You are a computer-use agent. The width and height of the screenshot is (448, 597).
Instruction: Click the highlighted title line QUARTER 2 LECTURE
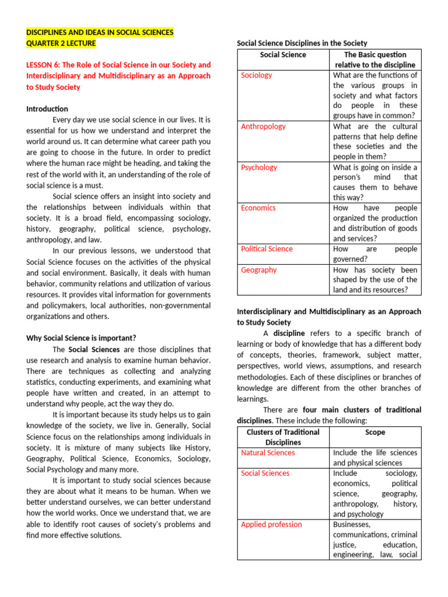click(x=61, y=43)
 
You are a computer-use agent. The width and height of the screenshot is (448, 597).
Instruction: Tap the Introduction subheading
click(x=47, y=109)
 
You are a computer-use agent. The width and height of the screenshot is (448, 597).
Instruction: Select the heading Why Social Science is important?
click(x=81, y=338)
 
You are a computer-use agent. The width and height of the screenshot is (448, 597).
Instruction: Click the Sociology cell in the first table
click(x=257, y=75)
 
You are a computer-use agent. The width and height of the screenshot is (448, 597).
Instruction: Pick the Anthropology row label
click(x=263, y=127)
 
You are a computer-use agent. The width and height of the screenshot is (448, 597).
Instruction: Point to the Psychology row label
click(x=259, y=167)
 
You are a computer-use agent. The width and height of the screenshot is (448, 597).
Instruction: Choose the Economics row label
click(x=258, y=208)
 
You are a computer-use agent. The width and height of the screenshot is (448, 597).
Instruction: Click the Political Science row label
click(x=267, y=249)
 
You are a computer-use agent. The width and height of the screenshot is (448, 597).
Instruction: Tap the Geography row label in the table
click(x=259, y=270)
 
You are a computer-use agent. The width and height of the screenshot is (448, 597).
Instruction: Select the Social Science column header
click(x=283, y=55)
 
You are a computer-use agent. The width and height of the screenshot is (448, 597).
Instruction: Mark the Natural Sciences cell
click(x=268, y=453)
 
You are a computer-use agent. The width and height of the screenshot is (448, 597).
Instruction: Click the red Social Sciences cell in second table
click(x=265, y=473)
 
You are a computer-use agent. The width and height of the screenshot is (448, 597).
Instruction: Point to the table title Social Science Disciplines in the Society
click(x=302, y=43)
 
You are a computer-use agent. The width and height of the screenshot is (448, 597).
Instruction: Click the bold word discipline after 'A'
click(x=289, y=333)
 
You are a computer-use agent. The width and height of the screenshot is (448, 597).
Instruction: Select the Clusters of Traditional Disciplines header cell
click(x=283, y=437)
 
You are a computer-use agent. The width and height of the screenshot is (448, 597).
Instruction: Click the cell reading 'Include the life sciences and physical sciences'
click(x=375, y=458)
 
